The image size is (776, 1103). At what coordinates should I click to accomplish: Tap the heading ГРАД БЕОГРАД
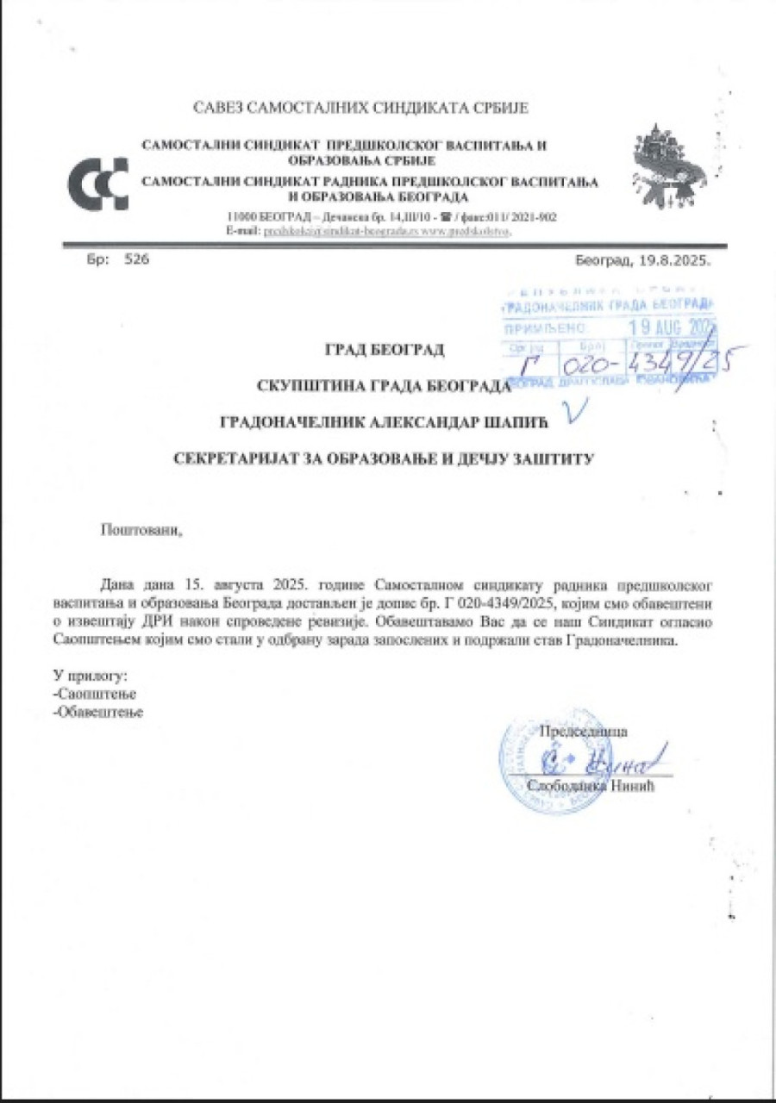(x=384, y=350)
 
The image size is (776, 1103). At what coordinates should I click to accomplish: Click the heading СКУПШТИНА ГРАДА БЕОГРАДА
(x=384, y=385)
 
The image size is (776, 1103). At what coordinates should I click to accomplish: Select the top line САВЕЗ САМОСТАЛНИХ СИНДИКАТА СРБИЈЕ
(x=360, y=109)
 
